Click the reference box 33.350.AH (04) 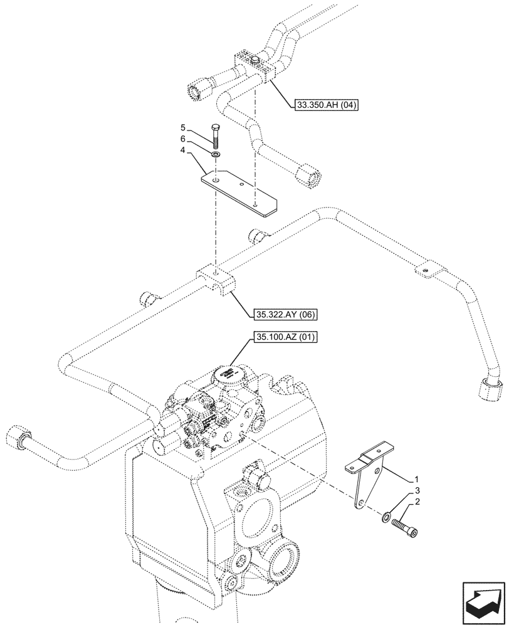pyautogui.click(x=325, y=106)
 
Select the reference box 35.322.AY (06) pyautogui.click(x=284, y=313)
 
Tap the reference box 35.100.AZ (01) pyautogui.click(x=285, y=338)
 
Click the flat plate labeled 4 pyautogui.click(x=240, y=192)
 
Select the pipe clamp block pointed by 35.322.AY pyautogui.click(x=215, y=280)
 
